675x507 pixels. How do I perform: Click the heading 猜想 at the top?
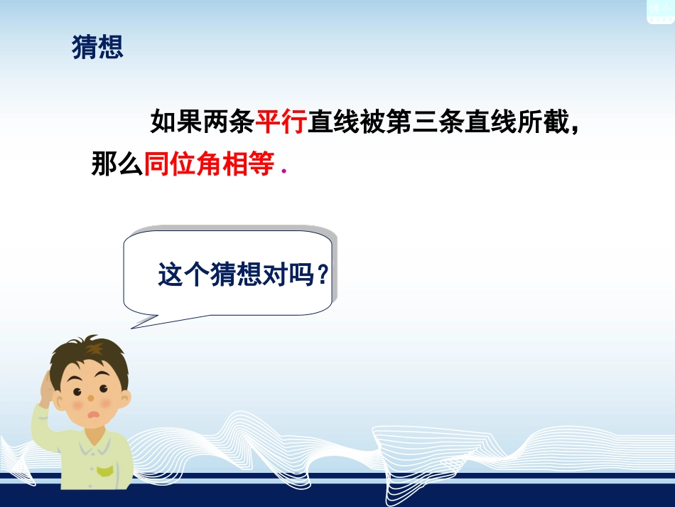tap(98, 48)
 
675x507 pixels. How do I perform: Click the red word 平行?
tap(281, 123)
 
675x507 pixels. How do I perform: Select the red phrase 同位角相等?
tap(210, 164)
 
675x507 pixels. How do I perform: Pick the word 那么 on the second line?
tap(117, 164)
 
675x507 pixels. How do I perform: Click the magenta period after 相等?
tap(283, 171)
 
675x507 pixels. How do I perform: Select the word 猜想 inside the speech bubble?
tap(235, 275)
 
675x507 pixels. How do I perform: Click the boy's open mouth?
tap(90, 415)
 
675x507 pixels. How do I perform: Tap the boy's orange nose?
tap(91, 397)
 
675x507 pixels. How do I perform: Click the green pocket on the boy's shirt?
tap(105, 470)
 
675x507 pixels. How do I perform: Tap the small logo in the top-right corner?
tap(659, 11)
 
